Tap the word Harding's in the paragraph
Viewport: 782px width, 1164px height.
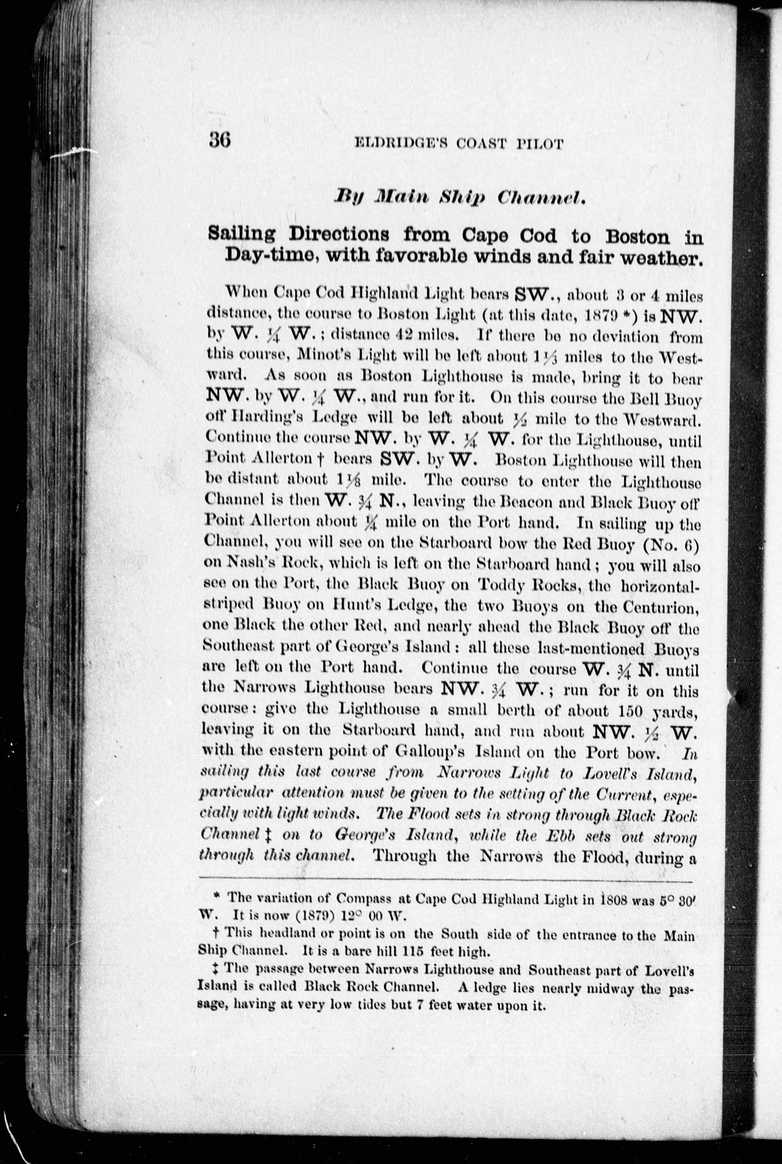click(262, 419)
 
